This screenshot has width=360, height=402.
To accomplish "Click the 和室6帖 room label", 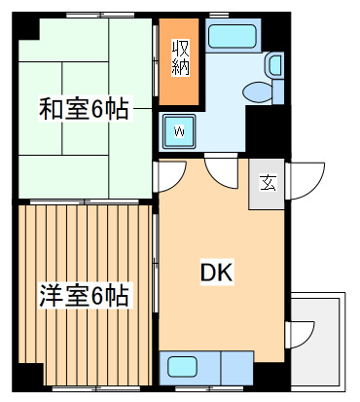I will (83, 108).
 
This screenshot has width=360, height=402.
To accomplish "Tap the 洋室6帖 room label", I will (84, 293).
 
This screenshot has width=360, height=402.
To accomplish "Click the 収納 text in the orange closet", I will (181, 59).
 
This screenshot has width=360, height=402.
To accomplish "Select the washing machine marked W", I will (179, 129).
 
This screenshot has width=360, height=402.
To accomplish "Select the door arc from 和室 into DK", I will (171, 175).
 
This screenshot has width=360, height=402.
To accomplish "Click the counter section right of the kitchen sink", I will (236, 369).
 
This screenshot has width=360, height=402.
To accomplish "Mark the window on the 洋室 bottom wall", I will (83, 388).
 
